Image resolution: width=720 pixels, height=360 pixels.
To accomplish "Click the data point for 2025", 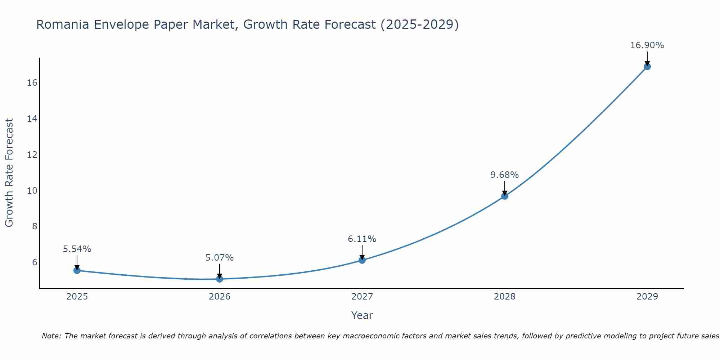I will coord(77,270).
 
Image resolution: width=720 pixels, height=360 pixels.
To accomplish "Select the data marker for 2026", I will coord(220,279).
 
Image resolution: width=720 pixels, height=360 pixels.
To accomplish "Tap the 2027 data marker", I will coord(362,260).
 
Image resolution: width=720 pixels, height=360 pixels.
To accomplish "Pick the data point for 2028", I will coord(505,196).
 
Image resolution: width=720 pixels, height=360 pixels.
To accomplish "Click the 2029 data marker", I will coord(647,67).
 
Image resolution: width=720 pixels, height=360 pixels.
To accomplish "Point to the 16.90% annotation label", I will coord(647,45).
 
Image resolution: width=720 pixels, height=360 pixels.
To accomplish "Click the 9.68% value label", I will coord(504,175).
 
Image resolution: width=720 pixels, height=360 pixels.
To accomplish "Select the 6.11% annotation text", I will coord(362,239).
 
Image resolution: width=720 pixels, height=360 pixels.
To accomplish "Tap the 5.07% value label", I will coord(220,258).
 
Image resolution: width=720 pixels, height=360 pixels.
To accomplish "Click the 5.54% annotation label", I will coord(77,249).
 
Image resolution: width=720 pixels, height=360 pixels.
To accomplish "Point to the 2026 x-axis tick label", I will coord(220,297).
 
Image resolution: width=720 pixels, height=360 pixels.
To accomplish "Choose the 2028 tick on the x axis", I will coord(505,297).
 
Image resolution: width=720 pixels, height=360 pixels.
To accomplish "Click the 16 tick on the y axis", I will coord(32,83).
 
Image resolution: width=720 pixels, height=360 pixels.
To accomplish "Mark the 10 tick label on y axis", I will coord(32,190).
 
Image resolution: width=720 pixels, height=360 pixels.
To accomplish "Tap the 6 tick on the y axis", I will coord(35,262).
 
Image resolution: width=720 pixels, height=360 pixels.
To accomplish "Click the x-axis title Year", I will coord(362,315).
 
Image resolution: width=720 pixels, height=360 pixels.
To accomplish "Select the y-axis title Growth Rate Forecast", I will coord(9,173).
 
